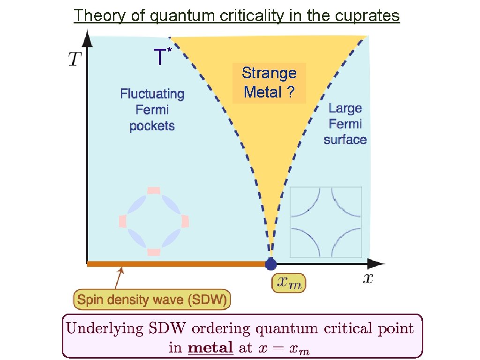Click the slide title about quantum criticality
pyautogui.click(x=237, y=16)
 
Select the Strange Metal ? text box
pyautogui.click(x=269, y=82)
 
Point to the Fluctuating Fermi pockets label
pyautogui.click(x=152, y=110)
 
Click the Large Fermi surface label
pyautogui.click(x=345, y=124)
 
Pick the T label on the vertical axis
pyautogui.click(x=75, y=59)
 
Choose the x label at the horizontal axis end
pyautogui.click(x=368, y=279)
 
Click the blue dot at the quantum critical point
pyautogui.click(x=270, y=264)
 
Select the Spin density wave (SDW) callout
pyautogui.click(x=152, y=299)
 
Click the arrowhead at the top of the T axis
pyautogui.click(x=88, y=37)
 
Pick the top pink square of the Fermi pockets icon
pyautogui.click(x=154, y=190)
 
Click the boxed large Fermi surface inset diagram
pyautogui.click(x=326, y=222)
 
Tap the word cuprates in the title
pyautogui.click(x=367, y=16)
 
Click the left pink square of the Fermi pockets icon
pyautogui.click(x=123, y=221)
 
